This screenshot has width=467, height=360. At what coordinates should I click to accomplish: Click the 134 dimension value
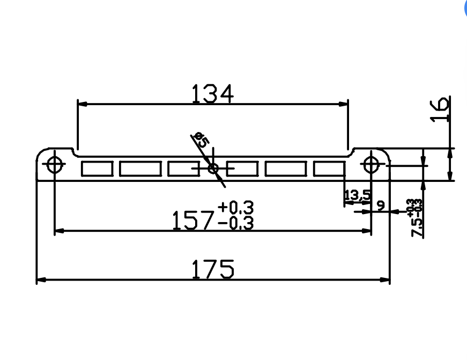tap(212, 94)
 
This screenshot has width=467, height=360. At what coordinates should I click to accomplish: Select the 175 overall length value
tap(213, 269)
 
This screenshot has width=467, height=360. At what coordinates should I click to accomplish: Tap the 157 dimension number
tap(194, 221)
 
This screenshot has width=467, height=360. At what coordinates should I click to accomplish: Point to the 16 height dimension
tap(440, 109)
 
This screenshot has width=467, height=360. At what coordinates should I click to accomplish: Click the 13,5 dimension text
tap(358, 195)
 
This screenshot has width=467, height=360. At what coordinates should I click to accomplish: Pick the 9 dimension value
tap(381, 205)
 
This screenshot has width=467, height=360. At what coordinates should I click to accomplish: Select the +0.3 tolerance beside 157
tap(235, 207)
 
